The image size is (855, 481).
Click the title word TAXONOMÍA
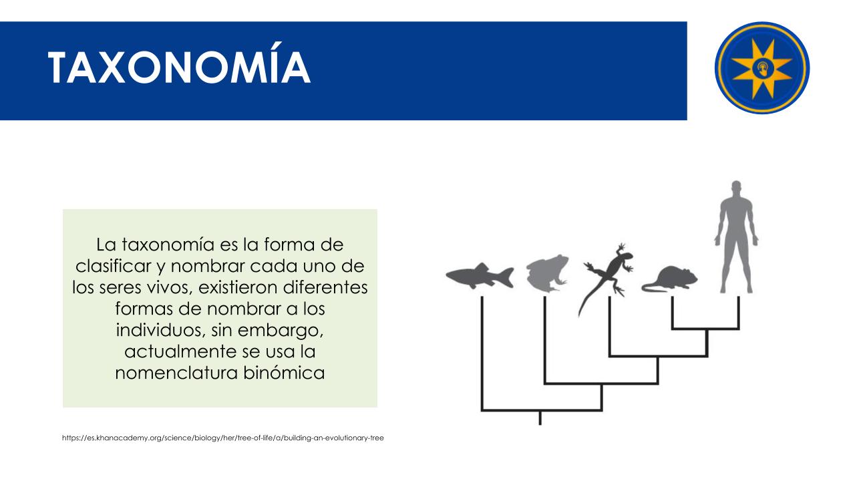pos(179,63)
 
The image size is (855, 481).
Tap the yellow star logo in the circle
pos(762,68)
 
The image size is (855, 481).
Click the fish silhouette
pos(480,275)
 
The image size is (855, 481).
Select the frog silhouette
pos(547,273)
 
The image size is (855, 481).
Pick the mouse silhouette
pos(670,279)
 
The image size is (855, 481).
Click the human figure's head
pos(736,188)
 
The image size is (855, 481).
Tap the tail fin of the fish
pos(506,277)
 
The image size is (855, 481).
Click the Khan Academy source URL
pos(223,438)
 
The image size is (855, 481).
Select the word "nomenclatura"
pos(176,373)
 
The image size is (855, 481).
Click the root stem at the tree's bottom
pos(540,418)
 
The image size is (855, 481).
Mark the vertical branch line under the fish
pos(482,353)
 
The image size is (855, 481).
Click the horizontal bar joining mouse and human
pos(705,328)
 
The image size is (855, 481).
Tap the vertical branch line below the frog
pos(545,340)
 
